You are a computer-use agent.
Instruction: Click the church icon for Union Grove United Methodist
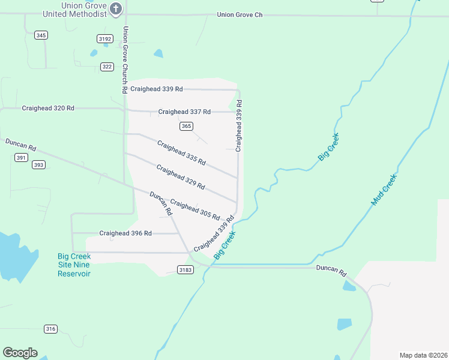116,8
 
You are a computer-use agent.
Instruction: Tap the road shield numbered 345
41,35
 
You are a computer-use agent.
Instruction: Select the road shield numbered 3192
105,38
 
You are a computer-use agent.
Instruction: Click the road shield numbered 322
107,67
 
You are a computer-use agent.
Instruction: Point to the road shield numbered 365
186,126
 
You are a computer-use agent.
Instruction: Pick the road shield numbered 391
22,157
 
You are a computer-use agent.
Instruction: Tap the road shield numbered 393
38,164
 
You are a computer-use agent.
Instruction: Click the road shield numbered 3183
185,271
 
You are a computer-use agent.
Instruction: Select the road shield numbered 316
50,329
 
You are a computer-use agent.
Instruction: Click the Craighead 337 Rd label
184,112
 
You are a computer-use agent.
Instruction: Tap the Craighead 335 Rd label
181,153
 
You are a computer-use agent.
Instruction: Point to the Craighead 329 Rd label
181,177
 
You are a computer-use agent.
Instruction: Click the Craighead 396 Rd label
125,233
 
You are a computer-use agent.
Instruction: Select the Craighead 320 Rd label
48,108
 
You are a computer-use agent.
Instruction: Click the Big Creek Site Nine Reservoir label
74,265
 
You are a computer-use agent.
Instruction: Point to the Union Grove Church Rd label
125,59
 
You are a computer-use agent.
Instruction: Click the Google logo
20,353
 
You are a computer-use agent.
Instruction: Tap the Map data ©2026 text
423,355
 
